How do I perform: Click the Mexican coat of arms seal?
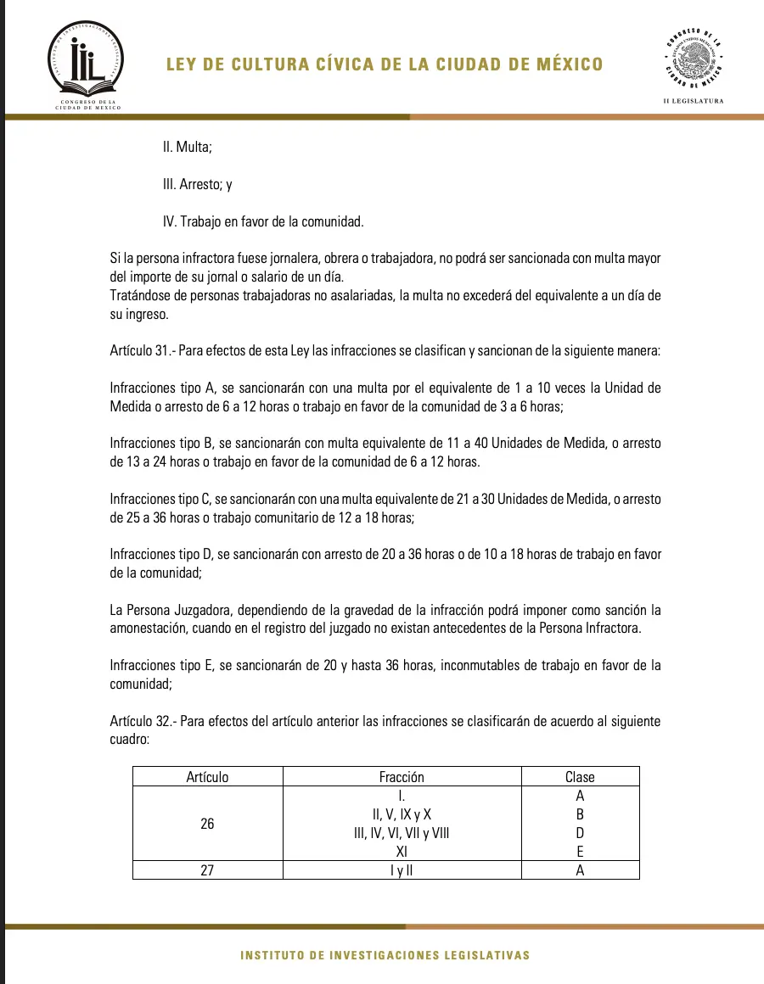694,59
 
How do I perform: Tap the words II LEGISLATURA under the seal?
694,101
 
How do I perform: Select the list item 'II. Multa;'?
187,147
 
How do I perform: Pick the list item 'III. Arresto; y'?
197,184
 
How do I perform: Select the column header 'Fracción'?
402,776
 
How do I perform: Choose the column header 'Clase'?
580,776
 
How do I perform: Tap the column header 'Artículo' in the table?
207,776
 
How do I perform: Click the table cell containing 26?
207,823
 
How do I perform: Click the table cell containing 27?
207,869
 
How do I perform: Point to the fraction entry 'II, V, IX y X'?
402,814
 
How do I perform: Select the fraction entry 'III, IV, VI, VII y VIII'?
402,833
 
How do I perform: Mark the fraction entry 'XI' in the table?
402,851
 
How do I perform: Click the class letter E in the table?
580,851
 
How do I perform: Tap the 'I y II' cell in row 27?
402,869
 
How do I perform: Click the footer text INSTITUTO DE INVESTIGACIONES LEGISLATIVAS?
385,955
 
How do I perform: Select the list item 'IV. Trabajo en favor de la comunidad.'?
263,221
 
